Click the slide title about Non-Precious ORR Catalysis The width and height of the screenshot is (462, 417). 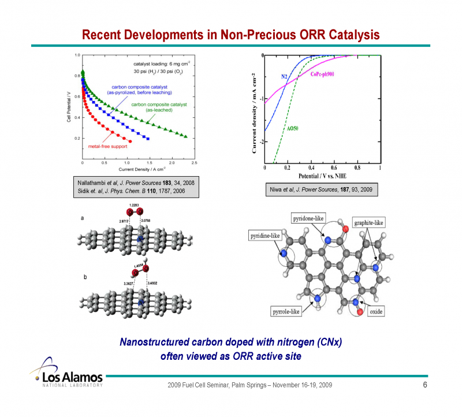click(x=230, y=35)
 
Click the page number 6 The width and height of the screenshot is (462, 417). click(x=425, y=385)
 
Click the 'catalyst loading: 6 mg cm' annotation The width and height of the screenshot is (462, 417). click(x=162, y=64)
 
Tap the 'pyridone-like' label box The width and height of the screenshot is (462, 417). click(x=308, y=219)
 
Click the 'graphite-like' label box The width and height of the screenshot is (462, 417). click(x=368, y=222)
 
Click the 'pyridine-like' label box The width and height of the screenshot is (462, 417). click(x=267, y=236)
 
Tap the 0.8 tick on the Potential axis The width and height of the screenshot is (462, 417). click(x=357, y=167)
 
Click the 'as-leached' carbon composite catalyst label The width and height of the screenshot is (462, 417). click(x=151, y=107)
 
